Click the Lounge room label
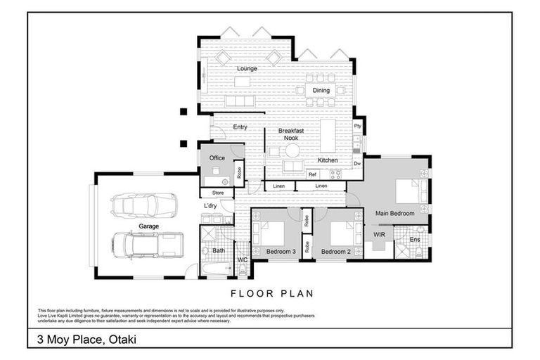point(247,68)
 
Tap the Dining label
point(321,91)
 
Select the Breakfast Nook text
point(290,134)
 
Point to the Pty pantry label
point(357,126)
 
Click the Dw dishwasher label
point(357,163)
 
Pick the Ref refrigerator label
point(312,174)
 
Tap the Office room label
point(217,158)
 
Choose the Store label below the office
point(218,193)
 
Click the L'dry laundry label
point(210,205)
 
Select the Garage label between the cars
point(148,226)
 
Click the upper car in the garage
point(143,205)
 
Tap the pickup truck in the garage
point(147,245)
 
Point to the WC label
point(242,260)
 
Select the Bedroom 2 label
point(335,252)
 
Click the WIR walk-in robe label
point(379,233)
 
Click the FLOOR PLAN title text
point(271,293)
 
